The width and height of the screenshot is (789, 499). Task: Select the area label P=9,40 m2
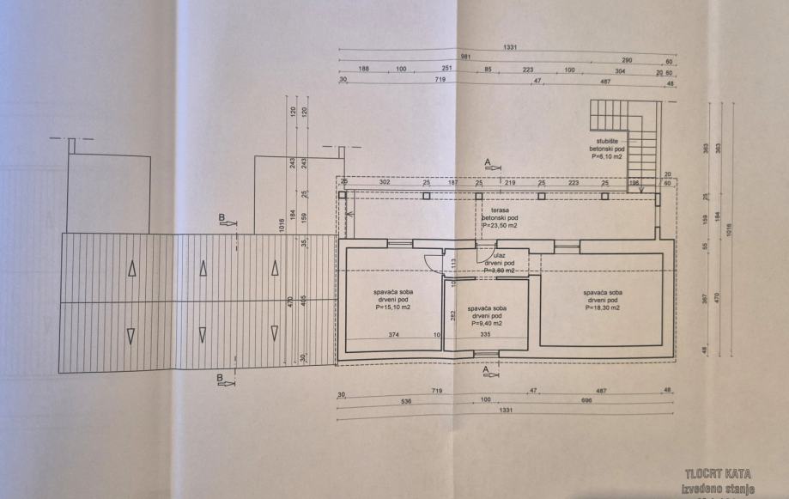487,323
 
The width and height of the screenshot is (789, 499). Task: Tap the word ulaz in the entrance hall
498,255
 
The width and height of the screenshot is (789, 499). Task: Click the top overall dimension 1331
511,48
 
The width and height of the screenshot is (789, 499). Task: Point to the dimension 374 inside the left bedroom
393,334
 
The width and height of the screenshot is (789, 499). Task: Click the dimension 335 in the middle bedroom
485,334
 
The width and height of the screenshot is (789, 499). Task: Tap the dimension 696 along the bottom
588,400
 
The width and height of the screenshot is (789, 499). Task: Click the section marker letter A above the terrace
488,161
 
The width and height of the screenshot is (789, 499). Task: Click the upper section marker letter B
222,219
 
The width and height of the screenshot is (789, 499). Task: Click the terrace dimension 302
385,183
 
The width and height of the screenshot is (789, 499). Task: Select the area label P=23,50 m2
501,227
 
